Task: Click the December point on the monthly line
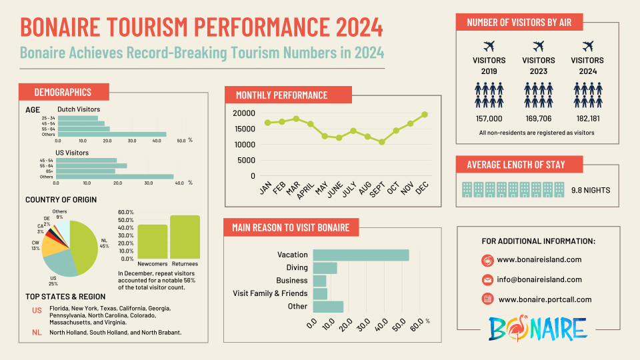point(424,115)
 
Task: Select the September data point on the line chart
point(381,142)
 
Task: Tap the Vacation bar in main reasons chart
point(361,255)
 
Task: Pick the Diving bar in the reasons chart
point(325,267)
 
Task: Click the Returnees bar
point(185,237)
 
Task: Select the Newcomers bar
point(153,241)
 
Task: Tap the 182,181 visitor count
point(587,118)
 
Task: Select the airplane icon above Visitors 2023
point(539,46)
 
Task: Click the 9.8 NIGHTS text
point(591,190)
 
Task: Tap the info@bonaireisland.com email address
point(539,279)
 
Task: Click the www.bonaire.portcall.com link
point(545,299)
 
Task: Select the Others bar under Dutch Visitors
point(112,134)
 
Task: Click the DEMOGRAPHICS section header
point(63,92)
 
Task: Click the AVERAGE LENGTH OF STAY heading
point(519,165)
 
